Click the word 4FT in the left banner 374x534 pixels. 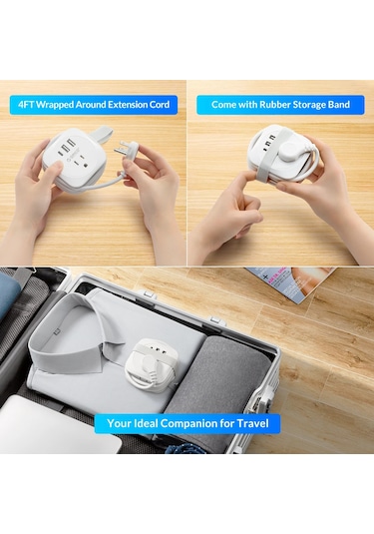coord(26,105)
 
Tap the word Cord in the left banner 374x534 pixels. coord(160,105)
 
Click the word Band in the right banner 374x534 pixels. coord(339,105)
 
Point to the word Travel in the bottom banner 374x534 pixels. coord(253,423)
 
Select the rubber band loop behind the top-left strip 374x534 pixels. coord(102,132)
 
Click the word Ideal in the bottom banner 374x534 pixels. coord(146,423)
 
